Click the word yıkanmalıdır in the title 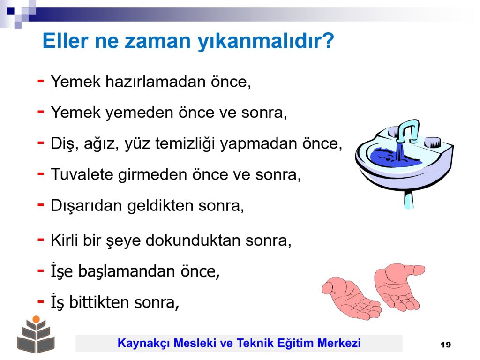click(x=266, y=41)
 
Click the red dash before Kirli click(x=41, y=240)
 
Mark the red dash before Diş click(x=41, y=143)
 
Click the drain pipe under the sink click(x=409, y=199)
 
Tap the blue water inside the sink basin click(x=394, y=157)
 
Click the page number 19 click(x=446, y=345)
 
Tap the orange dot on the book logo click(x=36, y=319)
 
